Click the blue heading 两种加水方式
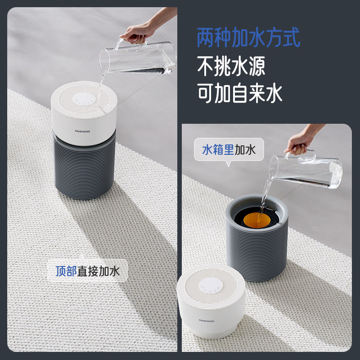coord(248,37)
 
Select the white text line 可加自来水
coord(239,93)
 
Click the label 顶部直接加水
coord(88,271)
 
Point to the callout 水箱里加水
coord(229,149)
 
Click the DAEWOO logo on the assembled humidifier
coord(84,132)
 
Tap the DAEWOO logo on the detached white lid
coord(207,321)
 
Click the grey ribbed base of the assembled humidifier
coord(84,166)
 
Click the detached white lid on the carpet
coord(211,306)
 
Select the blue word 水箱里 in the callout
coord(218,149)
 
